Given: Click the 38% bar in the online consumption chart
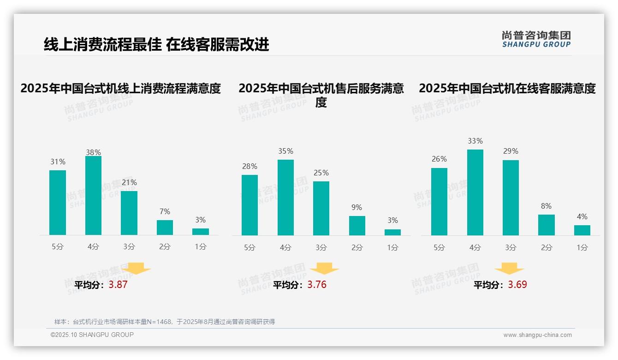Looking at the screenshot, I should pyautogui.click(x=93, y=196).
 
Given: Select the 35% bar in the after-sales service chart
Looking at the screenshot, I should pyautogui.click(x=285, y=198).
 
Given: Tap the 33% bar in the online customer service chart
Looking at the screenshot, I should pyautogui.click(x=475, y=192).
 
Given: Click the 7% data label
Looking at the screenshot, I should pyautogui.click(x=165, y=211).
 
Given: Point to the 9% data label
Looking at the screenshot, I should pyautogui.click(x=357, y=207).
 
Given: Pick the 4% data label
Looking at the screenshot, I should pyautogui.click(x=582, y=216).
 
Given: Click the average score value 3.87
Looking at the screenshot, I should pyautogui.click(x=118, y=285).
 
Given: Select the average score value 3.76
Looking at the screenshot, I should pyautogui.click(x=317, y=285).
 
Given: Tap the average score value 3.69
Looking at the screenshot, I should pyautogui.click(x=517, y=285).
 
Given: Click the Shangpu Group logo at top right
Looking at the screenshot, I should pyautogui.click(x=536, y=39).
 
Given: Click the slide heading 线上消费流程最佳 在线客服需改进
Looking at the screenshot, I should pyautogui.click(x=156, y=44).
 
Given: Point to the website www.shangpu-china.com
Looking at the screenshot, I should pyautogui.click(x=537, y=335).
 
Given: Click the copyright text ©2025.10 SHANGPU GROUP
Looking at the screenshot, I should pyautogui.click(x=92, y=335).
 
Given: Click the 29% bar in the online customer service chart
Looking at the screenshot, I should pyautogui.click(x=511, y=198).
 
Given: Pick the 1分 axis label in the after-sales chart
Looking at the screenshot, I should pyautogui.click(x=392, y=247).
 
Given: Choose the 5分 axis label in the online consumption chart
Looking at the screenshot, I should pyautogui.click(x=58, y=246).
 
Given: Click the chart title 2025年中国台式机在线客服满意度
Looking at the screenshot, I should pyautogui.click(x=507, y=88).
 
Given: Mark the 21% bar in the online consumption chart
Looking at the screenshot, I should pyautogui.click(x=129, y=213).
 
